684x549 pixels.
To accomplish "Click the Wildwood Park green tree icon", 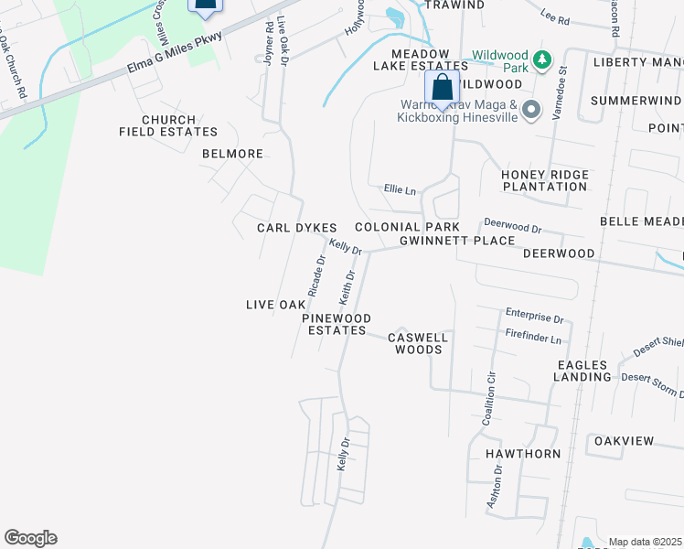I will (541, 59).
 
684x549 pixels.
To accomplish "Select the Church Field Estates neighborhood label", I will (168, 126).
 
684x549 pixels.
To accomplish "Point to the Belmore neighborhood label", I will (232, 154).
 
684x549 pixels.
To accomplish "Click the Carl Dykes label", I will (297, 228).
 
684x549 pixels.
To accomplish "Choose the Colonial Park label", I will (401, 227).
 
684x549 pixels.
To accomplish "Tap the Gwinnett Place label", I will (456, 241).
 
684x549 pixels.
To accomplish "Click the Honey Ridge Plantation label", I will (544, 180).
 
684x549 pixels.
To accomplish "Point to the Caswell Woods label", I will (418, 343).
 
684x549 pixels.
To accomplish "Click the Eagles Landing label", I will (582, 371).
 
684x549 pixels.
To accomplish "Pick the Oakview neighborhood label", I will (624, 441).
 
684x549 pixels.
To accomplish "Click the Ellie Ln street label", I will (400, 190).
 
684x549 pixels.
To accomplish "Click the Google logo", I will (30, 538).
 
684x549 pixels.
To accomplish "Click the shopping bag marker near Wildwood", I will (442, 89).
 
